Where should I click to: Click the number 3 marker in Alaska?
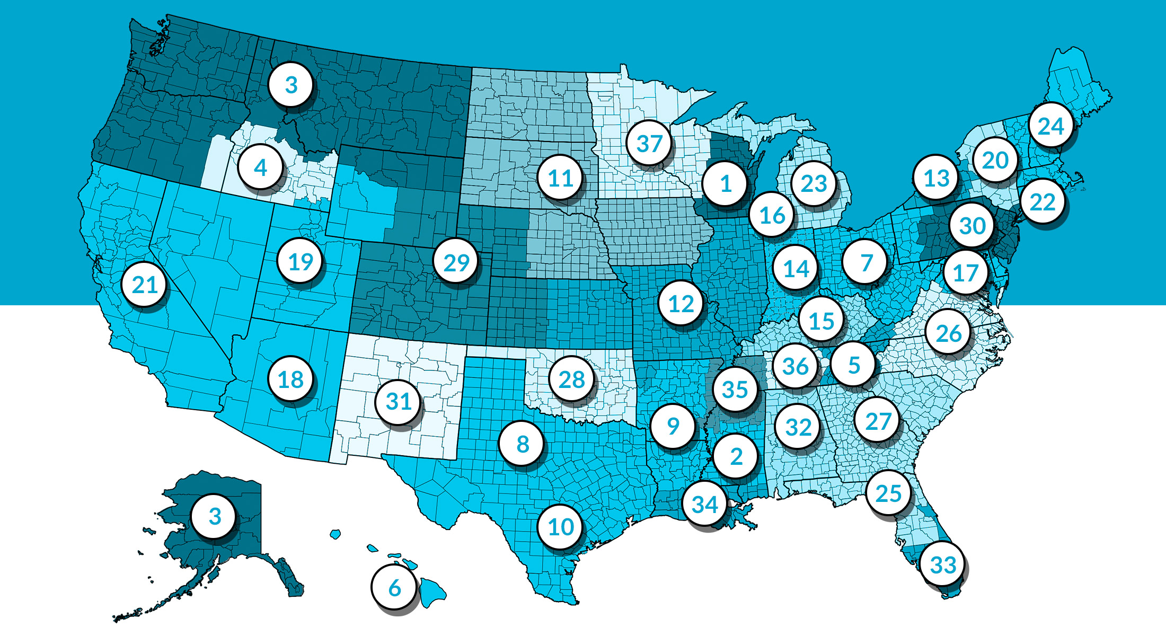[x=214, y=516]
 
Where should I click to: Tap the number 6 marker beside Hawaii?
[x=394, y=588]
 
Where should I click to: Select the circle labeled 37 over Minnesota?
[x=649, y=143]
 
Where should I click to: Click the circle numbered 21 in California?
[x=145, y=285]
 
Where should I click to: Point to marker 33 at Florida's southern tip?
[x=943, y=564]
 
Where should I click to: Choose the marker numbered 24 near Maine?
[x=1050, y=126]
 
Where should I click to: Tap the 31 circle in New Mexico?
[x=399, y=401]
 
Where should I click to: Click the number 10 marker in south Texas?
[x=561, y=527]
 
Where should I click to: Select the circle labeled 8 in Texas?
[x=523, y=444]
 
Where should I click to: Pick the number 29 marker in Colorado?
[x=456, y=262]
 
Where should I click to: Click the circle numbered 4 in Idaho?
[x=260, y=167]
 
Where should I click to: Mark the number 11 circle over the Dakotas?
[x=561, y=178]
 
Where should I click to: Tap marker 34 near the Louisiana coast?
[x=705, y=504]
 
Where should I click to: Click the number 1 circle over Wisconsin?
[x=726, y=184]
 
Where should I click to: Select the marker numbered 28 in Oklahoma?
[x=571, y=379]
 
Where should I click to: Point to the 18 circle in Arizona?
[x=290, y=379]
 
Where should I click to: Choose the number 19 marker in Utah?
[x=301, y=261]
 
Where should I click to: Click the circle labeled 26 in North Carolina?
[x=948, y=333]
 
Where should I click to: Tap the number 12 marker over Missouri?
[x=681, y=304]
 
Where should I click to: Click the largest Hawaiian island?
[x=432, y=591]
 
